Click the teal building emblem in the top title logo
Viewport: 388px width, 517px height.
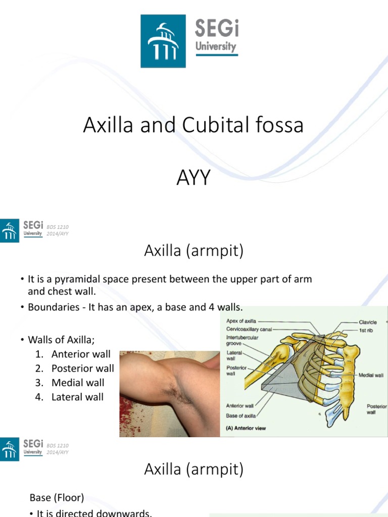tap(163, 41)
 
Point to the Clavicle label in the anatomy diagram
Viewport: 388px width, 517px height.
tap(368, 322)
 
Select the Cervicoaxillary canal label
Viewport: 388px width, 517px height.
tap(249, 328)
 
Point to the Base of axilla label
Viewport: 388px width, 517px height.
tap(241, 416)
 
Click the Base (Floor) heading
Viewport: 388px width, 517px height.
tap(57, 498)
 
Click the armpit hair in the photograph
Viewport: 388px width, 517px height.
tap(174, 389)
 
